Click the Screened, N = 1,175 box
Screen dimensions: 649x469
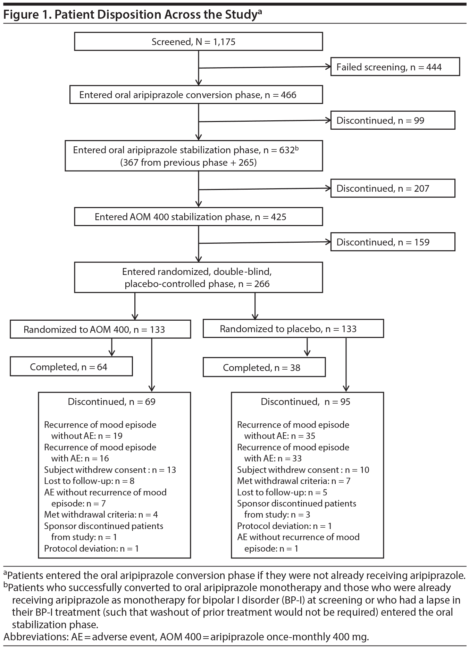coord(198,42)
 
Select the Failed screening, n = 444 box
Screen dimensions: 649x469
coord(395,67)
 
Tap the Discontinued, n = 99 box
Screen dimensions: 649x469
coord(392,120)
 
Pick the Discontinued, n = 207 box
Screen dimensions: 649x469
coord(392,188)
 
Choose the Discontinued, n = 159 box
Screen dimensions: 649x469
coord(392,242)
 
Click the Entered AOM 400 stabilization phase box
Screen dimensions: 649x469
coord(198,217)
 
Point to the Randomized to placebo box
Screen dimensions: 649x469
coord(293,329)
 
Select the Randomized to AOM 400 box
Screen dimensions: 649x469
coord(100,329)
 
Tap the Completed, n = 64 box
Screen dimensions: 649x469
coord(71,367)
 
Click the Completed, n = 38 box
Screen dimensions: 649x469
coord(264,367)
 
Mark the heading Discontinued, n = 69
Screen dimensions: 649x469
coord(111,401)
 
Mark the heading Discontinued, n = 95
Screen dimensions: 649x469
coord(305,401)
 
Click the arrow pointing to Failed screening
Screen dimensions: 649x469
coord(264,68)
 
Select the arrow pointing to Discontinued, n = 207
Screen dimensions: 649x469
coord(264,189)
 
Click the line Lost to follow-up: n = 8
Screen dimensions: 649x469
coord(89,481)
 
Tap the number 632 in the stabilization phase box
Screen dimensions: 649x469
coord(286,150)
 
